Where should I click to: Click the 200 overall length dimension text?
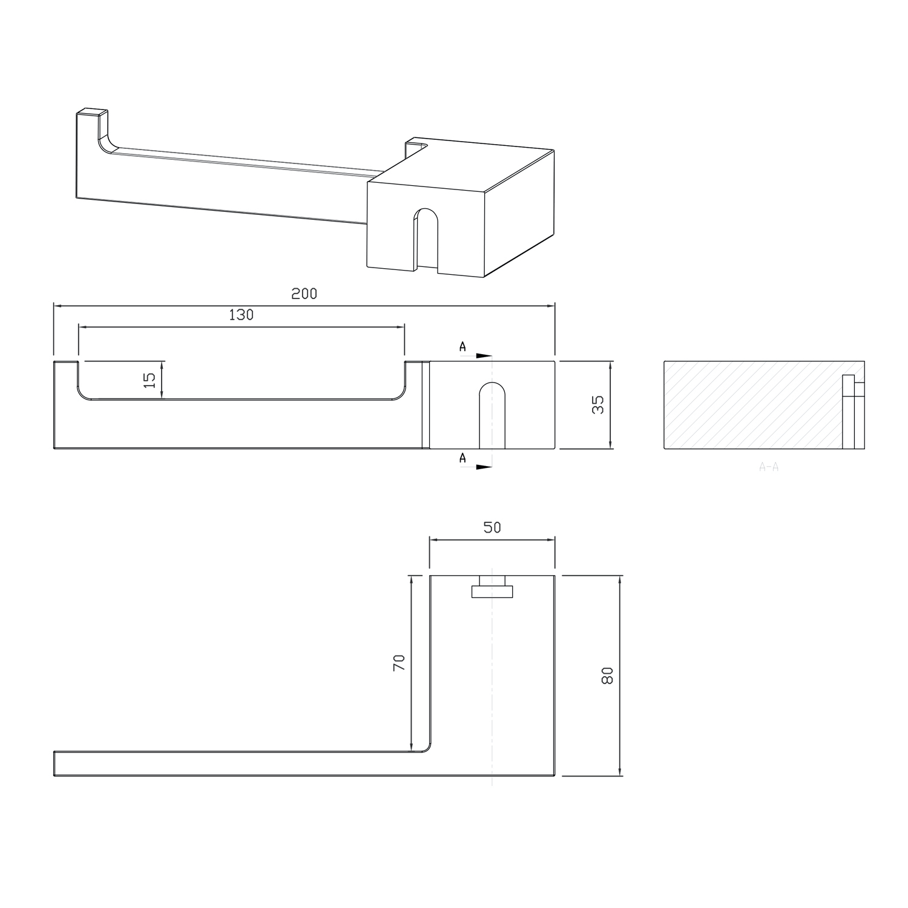[304, 294]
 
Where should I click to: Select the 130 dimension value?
[241, 315]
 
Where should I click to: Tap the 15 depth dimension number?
[150, 380]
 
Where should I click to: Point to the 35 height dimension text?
[598, 404]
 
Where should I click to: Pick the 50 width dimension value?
[492, 527]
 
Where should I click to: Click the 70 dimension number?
[398, 663]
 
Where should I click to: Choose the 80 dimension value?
[608, 675]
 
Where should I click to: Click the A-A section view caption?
[768, 467]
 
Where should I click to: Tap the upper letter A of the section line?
[463, 347]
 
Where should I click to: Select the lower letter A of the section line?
[463, 458]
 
